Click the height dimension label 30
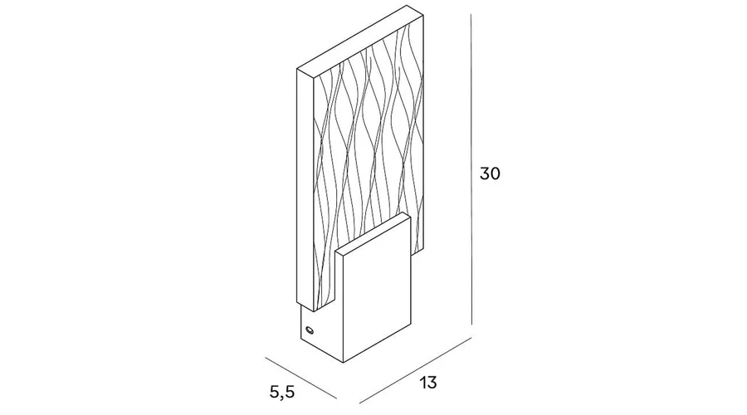click(490, 173)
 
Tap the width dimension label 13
click(427, 383)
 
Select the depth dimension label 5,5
click(282, 392)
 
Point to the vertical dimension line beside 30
click(471, 169)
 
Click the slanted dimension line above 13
click(416, 370)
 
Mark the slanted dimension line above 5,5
click(301, 378)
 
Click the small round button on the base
click(310, 330)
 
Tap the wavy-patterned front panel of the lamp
click(367, 157)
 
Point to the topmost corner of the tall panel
click(407, 6)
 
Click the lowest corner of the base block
click(344, 363)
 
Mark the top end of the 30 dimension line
click(471, 14)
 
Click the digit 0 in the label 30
click(496, 173)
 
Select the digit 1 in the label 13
click(422, 383)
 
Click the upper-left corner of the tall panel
click(297, 70)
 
